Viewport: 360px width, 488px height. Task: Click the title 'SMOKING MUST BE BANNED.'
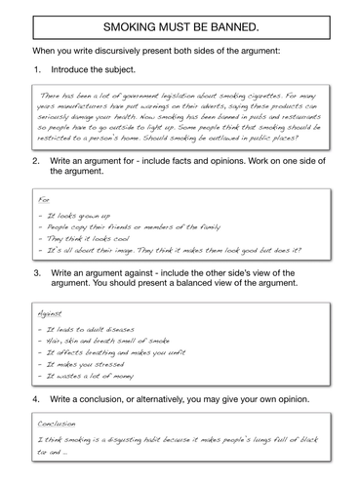point(180,23)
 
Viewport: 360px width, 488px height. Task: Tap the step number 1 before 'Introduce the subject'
point(36,70)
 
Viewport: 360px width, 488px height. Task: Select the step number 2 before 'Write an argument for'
point(36,157)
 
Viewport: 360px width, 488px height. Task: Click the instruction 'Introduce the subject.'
point(99,70)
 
